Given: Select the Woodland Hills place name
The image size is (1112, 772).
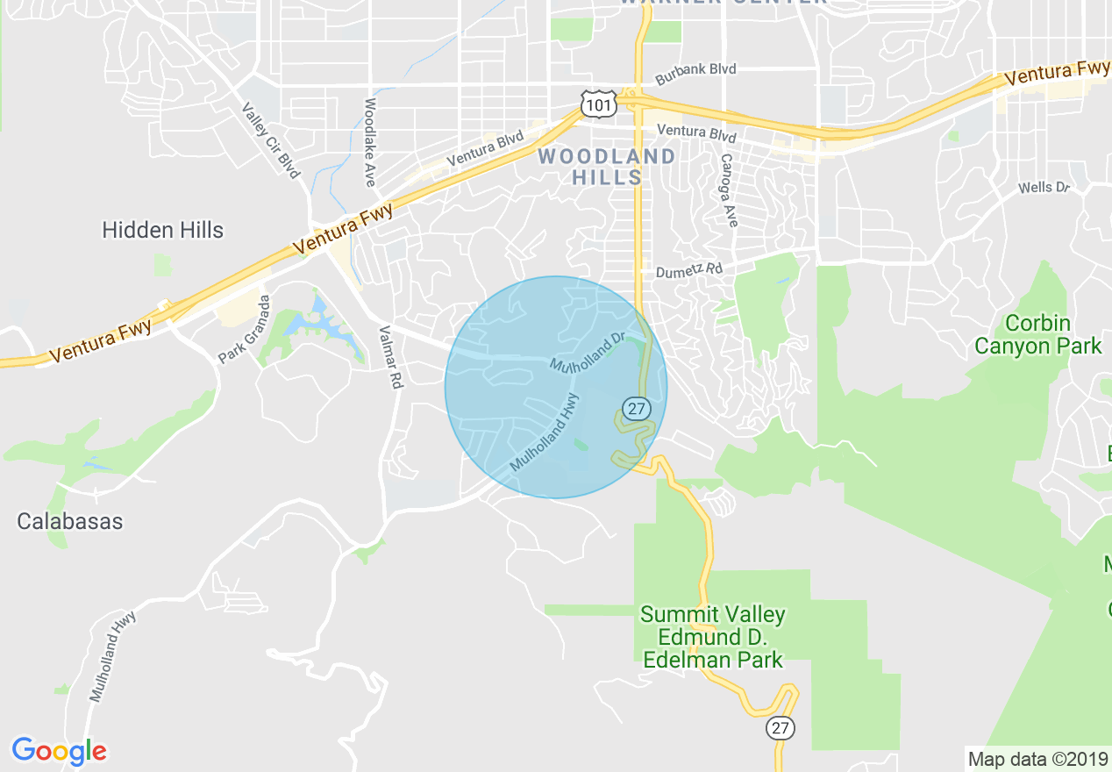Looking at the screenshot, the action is (x=607, y=167).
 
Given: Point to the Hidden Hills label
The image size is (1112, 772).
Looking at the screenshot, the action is (x=163, y=231).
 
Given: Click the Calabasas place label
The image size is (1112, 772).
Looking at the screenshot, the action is (x=70, y=521).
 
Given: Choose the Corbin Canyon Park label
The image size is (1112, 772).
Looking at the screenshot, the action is (x=1038, y=334).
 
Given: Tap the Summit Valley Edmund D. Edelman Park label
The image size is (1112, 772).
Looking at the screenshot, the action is (x=713, y=637).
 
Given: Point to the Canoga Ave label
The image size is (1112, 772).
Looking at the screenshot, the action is (x=727, y=190).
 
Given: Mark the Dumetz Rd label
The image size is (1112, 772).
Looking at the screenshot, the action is (x=688, y=269).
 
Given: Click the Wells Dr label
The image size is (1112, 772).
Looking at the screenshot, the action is (x=1044, y=188).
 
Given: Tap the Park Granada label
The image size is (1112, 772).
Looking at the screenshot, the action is (x=244, y=330).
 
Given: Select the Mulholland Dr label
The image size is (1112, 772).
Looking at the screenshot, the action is (x=587, y=350).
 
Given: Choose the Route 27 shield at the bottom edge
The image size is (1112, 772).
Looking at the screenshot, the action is (x=781, y=727).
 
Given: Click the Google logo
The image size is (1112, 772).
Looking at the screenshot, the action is (x=59, y=751).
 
